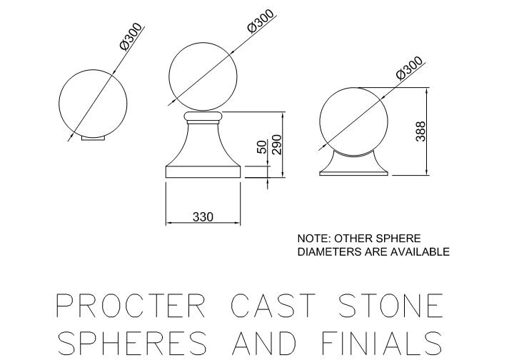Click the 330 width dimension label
click(203, 216)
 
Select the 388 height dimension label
click(420, 131)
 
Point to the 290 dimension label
click(277, 144)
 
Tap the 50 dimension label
click(263, 146)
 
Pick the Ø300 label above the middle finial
click(261, 21)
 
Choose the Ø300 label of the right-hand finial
click(410, 68)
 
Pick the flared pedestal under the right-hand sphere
click(354, 166)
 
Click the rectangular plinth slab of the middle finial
click(203, 171)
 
